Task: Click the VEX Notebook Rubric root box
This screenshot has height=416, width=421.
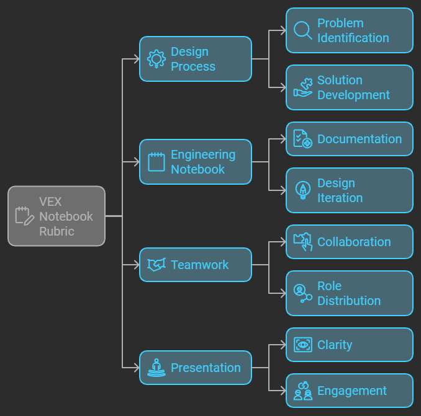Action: [x=57, y=216]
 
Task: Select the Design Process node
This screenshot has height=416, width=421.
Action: [x=195, y=59]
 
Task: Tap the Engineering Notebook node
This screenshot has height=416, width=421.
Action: [x=195, y=162]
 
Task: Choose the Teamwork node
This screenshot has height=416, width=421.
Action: [x=195, y=265]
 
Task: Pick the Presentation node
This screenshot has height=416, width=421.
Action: [x=195, y=368]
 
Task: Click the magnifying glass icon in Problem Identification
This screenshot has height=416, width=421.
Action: [x=302, y=30]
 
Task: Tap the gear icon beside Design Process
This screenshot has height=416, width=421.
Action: [x=156, y=59]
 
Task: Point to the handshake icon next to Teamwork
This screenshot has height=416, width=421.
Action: [x=156, y=265]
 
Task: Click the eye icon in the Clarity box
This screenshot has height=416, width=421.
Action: [x=302, y=345]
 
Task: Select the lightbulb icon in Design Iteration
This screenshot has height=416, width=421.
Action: [x=302, y=190]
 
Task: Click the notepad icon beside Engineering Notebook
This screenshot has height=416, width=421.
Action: [x=156, y=162]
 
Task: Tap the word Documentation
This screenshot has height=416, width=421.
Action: [x=360, y=139]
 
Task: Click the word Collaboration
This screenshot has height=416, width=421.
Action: [x=354, y=242]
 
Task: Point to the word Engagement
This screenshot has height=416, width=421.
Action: [x=351, y=391]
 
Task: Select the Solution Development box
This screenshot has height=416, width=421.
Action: [x=349, y=87]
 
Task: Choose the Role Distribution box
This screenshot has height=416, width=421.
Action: [x=349, y=293]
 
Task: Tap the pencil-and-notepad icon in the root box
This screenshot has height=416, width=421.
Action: [x=24, y=216]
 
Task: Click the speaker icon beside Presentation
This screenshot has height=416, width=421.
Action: [x=156, y=368]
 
